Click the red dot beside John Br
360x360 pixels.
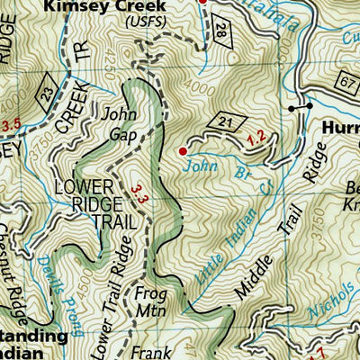184,150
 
